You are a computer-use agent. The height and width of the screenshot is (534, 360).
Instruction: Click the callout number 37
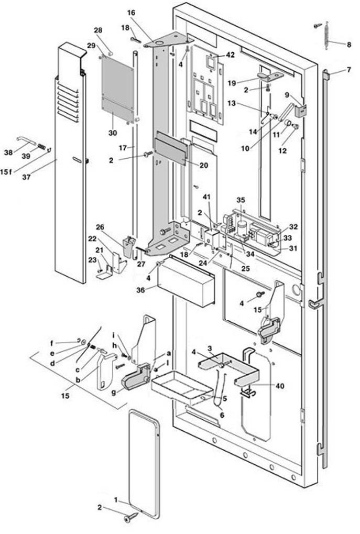pos(26,177)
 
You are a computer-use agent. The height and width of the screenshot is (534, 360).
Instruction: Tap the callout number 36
pos(140,290)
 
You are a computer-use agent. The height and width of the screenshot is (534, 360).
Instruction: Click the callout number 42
pos(230,55)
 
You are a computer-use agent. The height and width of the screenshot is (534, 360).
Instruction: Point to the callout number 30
pos(112,133)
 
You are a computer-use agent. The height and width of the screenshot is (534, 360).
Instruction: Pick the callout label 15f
pos(6,172)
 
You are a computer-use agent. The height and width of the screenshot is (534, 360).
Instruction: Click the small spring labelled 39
pos(41,147)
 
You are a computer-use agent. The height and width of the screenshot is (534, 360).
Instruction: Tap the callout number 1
pos(116,500)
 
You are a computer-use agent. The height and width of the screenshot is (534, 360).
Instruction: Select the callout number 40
pos(280,386)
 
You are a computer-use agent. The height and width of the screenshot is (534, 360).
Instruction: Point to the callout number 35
pos(241,200)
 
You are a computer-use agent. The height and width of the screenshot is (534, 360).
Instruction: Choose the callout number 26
pos(100,227)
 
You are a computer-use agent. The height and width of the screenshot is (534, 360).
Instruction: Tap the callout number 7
pos(349,70)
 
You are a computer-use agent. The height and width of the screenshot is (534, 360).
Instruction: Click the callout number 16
pos(131,13)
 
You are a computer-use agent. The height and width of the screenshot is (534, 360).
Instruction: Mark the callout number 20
pos(204,165)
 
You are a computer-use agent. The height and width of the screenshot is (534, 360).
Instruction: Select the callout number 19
pos(232,83)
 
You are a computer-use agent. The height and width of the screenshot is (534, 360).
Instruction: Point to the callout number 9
pos(287,95)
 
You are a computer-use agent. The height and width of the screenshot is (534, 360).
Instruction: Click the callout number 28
pos(98,30)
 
